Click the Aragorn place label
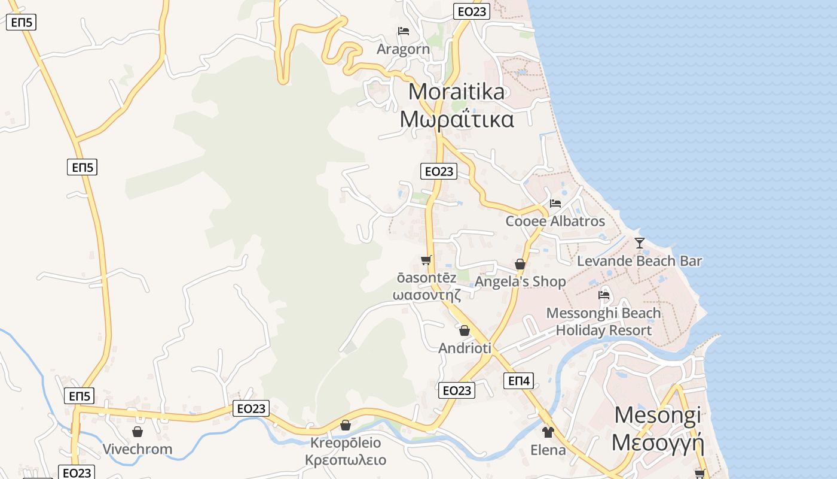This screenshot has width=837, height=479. pyautogui.click(x=403, y=49)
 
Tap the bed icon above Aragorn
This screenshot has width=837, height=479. pyautogui.click(x=404, y=31)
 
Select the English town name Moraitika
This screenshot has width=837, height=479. pyautogui.click(x=457, y=92)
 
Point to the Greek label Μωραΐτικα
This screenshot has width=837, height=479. pyautogui.click(x=457, y=120)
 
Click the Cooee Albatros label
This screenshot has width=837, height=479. pyautogui.click(x=555, y=221)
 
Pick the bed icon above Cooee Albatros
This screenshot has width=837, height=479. pyautogui.click(x=555, y=204)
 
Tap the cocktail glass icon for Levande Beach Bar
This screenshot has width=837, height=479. pyautogui.click(x=640, y=243)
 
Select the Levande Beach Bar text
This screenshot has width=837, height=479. pyautogui.click(x=639, y=261)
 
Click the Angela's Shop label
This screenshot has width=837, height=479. pyautogui.click(x=520, y=281)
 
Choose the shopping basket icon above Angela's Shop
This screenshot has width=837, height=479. pyautogui.click(x=520, y=264)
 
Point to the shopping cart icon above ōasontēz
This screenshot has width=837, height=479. pyautogui.click(x=426, y=260)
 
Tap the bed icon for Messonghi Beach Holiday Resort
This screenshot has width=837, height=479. pyautogui.click(x=604, y=295)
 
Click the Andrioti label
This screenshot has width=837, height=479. pyautogui.click(x=465, y=348)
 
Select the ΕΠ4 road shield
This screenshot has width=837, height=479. pyautogui.click(x=518, y=381)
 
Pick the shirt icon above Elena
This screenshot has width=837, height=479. pyautogui.click(x=548, y=432)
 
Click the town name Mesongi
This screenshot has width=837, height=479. pyautogui.click(x=657, y=415)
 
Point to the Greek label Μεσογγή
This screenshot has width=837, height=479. pyautogui.click(x=658, y=443)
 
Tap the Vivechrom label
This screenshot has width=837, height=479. pyautogui.click(x=137, y=449)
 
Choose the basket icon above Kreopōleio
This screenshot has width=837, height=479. pyautogui.click(x=346, y=425)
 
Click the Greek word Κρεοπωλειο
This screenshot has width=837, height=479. pyautogui.click(x=346, y=460)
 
